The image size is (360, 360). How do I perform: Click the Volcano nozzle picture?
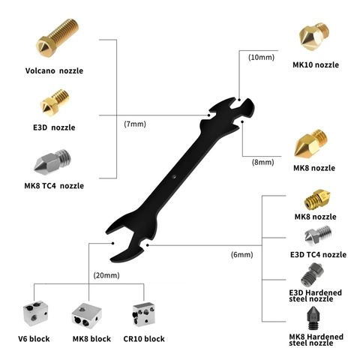pos(57,37)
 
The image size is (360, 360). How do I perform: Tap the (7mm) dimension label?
pos(135,124)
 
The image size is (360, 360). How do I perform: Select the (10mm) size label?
pos(261,57)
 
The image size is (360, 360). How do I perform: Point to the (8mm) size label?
pos(262,162)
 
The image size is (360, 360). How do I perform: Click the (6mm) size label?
pos(241,255)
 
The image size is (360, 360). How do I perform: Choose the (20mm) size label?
pos(106,275)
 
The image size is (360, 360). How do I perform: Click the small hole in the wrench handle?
pos(175,177)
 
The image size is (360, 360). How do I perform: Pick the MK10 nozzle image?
pos(313,37)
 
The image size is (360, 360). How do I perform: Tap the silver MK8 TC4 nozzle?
pos(52,162)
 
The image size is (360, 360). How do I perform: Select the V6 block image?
pos(35,313)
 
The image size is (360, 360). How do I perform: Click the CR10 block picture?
pos(143,314)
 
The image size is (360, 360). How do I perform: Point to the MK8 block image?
pos(87,316)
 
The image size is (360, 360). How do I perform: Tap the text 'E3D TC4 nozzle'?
pos(318,255)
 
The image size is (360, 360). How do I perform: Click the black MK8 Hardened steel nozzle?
pos(314,318)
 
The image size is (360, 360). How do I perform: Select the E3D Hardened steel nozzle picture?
pos(312,275)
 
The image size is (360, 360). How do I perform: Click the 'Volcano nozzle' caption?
pos(54,70)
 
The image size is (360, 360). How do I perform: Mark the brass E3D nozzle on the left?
pos(55,103)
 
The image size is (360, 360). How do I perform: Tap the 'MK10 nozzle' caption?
pos(316,65)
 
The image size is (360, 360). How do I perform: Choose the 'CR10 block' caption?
pos(144,339)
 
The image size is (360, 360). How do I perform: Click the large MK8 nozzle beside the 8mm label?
pos(310,143)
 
